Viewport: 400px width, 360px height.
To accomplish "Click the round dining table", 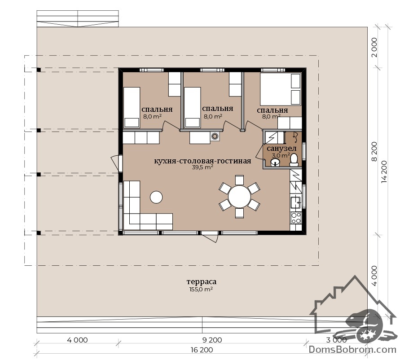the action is click(239, 197).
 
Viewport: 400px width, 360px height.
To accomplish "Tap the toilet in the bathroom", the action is click(294, 160).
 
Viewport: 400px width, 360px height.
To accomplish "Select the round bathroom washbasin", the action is click(275, 162).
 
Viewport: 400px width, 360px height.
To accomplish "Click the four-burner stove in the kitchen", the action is click(296, 217).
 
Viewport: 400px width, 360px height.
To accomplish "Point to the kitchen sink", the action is click(296, 202).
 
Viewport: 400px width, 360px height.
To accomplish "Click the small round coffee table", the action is click(156, 197).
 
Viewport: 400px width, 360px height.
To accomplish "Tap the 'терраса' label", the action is click(202, 282).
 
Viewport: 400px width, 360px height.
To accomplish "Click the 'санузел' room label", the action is click(281, 149).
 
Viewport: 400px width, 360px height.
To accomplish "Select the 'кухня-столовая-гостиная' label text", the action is click(202, 161).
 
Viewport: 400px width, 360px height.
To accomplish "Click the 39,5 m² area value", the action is click(202, 167).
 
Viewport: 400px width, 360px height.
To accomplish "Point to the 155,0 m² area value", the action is click(201, 290).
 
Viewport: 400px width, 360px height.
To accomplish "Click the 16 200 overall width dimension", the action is click(202, 350).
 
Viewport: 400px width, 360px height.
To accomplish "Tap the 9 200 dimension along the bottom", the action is click(212, 340).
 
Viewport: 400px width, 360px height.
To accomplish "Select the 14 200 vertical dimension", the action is click(384, 172).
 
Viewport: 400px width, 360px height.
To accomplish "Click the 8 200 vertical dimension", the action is click(374, 152).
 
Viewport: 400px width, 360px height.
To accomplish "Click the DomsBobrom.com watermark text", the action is click(352, 349).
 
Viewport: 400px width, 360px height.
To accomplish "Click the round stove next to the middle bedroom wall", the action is click(215, 136).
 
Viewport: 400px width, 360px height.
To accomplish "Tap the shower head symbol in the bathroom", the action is click(295, 137).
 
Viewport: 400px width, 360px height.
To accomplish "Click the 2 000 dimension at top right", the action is click(374, 48).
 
